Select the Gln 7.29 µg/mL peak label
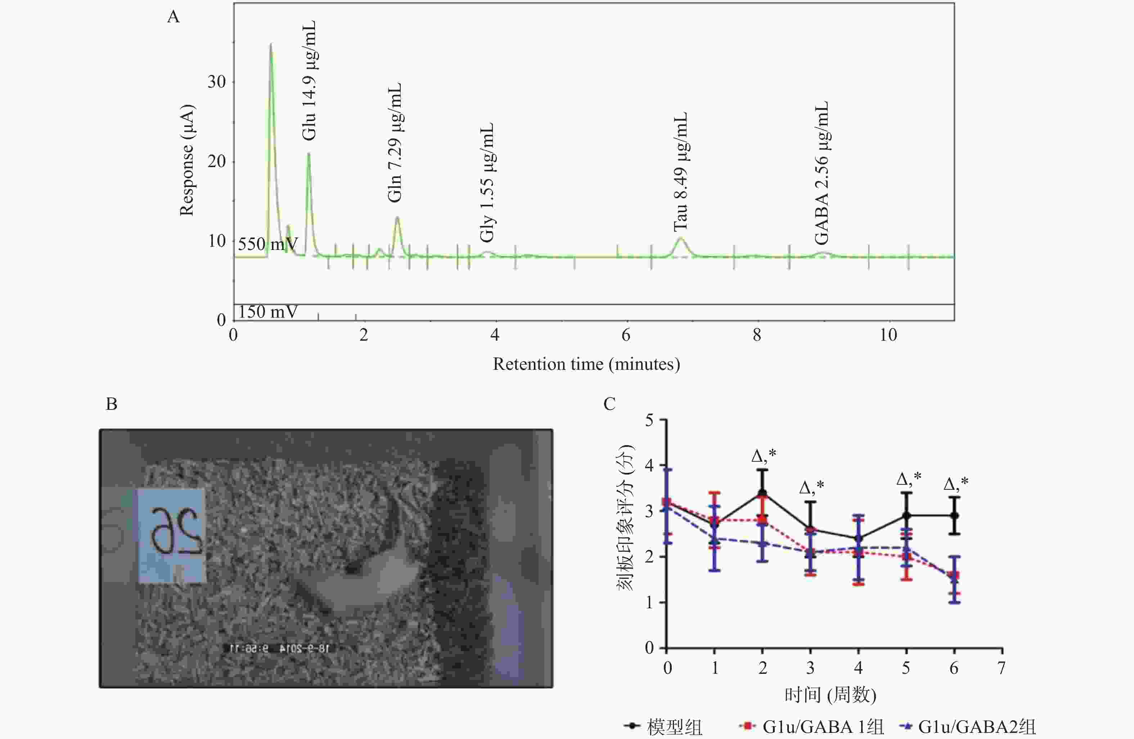coord(395,143)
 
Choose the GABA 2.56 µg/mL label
coord(822,173)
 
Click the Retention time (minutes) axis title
coord(586,364)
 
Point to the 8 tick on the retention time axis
coord(757,335)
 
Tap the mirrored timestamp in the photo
coord(280,648)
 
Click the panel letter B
coord(112,404)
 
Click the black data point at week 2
coord(762,493)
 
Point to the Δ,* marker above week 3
coord(811,487)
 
